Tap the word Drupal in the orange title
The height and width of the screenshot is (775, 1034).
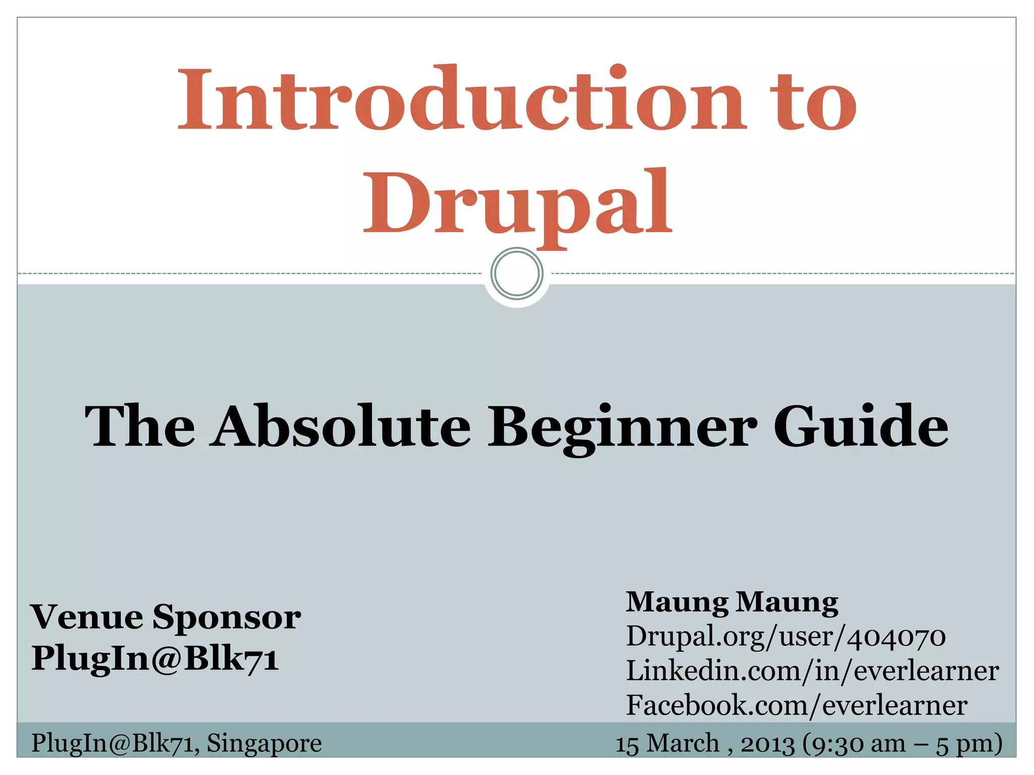click(518, 204)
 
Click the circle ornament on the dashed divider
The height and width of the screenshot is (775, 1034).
click(516, 273)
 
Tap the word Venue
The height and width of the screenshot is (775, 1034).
click(87, 617)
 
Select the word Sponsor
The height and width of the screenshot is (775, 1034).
click(227, 618)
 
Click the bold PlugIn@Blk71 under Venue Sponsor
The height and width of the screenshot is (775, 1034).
click(155, 658)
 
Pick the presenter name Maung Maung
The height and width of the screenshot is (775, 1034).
click(732, 602)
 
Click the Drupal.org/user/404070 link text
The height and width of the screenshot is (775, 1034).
click(786, 636)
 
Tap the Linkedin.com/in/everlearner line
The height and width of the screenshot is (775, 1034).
click(812, 671)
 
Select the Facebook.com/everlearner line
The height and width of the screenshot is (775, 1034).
click(796, 705)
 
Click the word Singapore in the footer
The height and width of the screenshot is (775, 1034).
click(264, 743)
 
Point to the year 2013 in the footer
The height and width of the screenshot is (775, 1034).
click(767, 744)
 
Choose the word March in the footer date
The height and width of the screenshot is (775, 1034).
click(683, 743)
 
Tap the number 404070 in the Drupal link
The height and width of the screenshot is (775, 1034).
click(896, 636)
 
